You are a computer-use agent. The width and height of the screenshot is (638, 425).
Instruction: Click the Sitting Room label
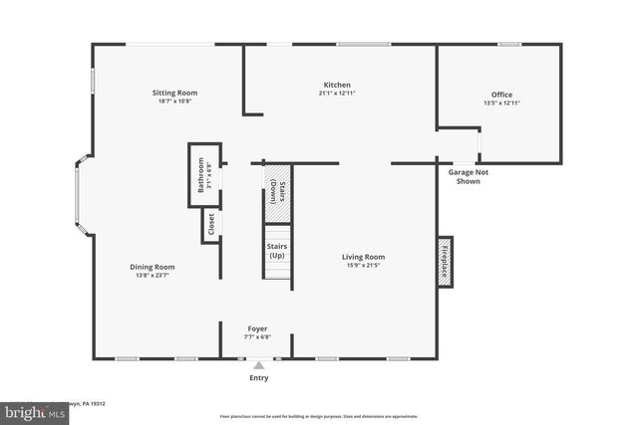pyautogui.click(x=174, y=93)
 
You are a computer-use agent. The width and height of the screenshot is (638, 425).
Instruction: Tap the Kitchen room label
pyautogui.click(x=337, y=85)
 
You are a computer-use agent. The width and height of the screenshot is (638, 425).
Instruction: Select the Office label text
pyautogui.click(x=501, y=95)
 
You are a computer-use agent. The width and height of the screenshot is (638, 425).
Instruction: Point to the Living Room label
pyautogui.click(x=365, y=257)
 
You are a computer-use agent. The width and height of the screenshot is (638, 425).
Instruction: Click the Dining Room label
pyautogui.click(x=153, y=266)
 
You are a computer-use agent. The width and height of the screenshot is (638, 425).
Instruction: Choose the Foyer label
pyautogui.click(x=258, y=328)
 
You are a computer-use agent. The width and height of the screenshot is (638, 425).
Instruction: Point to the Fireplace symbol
pyautogui.click(x=445, y=261)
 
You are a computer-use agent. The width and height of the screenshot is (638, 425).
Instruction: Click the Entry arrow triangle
pyautogui.click(x=258, y=366)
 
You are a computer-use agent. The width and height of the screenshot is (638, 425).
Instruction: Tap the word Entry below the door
pyautogui.click(x=258, y=378)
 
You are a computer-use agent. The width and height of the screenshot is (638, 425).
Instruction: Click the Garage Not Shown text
pyautogui.click(x=468, y=176)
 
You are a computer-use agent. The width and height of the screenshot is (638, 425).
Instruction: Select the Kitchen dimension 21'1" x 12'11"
pyautogui.click(x=337, y=94)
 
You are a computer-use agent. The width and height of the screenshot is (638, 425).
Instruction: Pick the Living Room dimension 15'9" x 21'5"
pyautogui.click(x=365, y=266)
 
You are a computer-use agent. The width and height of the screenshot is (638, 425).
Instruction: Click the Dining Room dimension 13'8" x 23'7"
pyautogui.click(x=153, y=275)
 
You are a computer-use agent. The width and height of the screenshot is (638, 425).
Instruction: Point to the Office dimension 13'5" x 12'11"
pyautogui.click(x=501, y=104)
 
